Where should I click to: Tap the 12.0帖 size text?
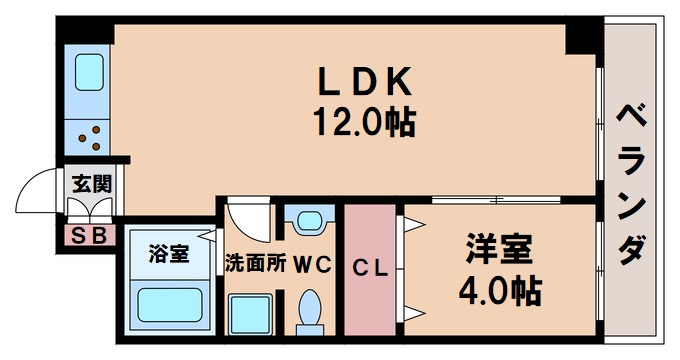[363, 124]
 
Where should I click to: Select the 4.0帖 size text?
[499, 290]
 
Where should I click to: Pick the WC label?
[311, 265]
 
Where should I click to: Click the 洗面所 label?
[255, 265]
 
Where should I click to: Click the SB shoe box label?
[91, 236]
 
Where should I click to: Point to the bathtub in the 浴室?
[168, 305]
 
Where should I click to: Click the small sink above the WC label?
[310, 221]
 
